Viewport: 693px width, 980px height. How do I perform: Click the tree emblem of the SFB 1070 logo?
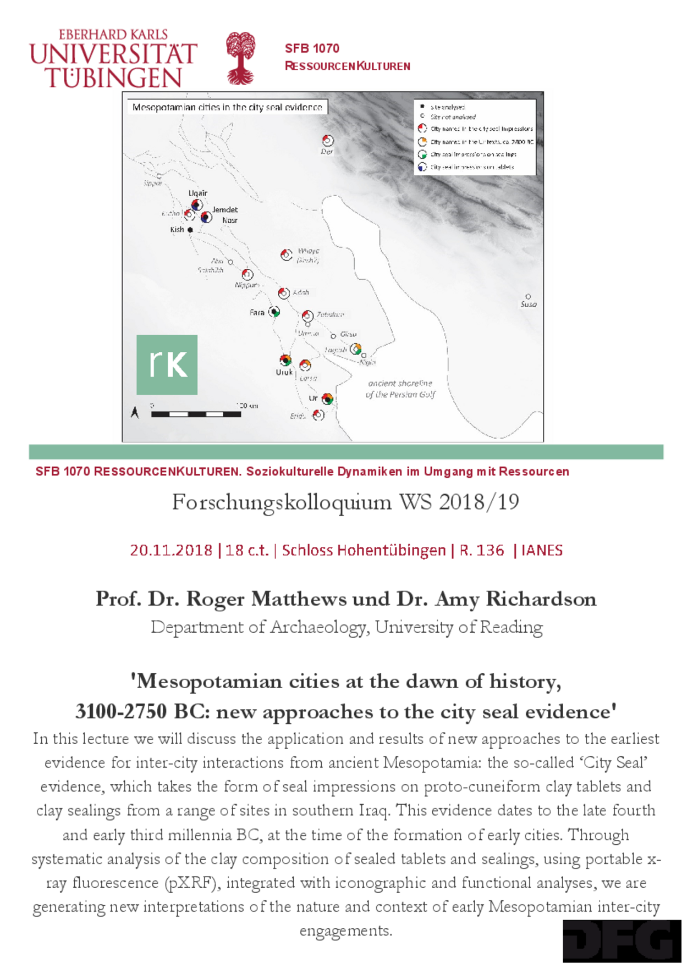tap(241, 58)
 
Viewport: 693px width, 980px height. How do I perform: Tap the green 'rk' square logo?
tap(167, 364)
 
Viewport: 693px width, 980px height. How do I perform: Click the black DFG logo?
tap(621, 941)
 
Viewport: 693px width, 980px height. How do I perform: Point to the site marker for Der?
tap(328, 140)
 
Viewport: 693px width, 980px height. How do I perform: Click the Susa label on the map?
tap(529, 304)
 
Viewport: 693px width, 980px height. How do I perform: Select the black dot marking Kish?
tap(190, 230)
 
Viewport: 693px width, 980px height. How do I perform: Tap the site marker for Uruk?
tap(285, 360)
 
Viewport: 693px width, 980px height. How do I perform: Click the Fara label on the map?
tap(257, 313)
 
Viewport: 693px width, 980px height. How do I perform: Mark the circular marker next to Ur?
tap(327, 398)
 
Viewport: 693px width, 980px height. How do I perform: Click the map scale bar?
tap(196, 414)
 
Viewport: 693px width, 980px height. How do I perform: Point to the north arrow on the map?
tap(135, 412)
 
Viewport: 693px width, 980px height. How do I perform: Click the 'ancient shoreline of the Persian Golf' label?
tap(400, 389)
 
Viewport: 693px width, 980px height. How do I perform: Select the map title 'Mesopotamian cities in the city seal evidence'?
tap(227, 107)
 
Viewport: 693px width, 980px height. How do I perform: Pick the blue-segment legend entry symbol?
tap(422, 167)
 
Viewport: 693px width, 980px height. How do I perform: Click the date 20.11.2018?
tap(171, 550)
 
